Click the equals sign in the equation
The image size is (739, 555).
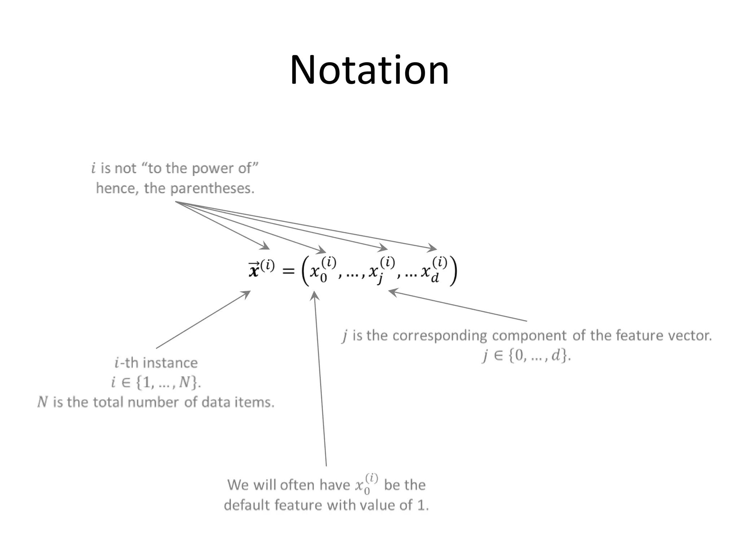288,271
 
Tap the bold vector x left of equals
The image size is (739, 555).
254,270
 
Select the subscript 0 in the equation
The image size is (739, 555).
323,278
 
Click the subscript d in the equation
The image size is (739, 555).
435,278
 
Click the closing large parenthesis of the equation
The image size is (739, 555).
453,271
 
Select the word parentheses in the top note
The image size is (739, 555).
212,188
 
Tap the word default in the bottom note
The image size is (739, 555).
247,505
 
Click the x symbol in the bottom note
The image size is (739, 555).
360,485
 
